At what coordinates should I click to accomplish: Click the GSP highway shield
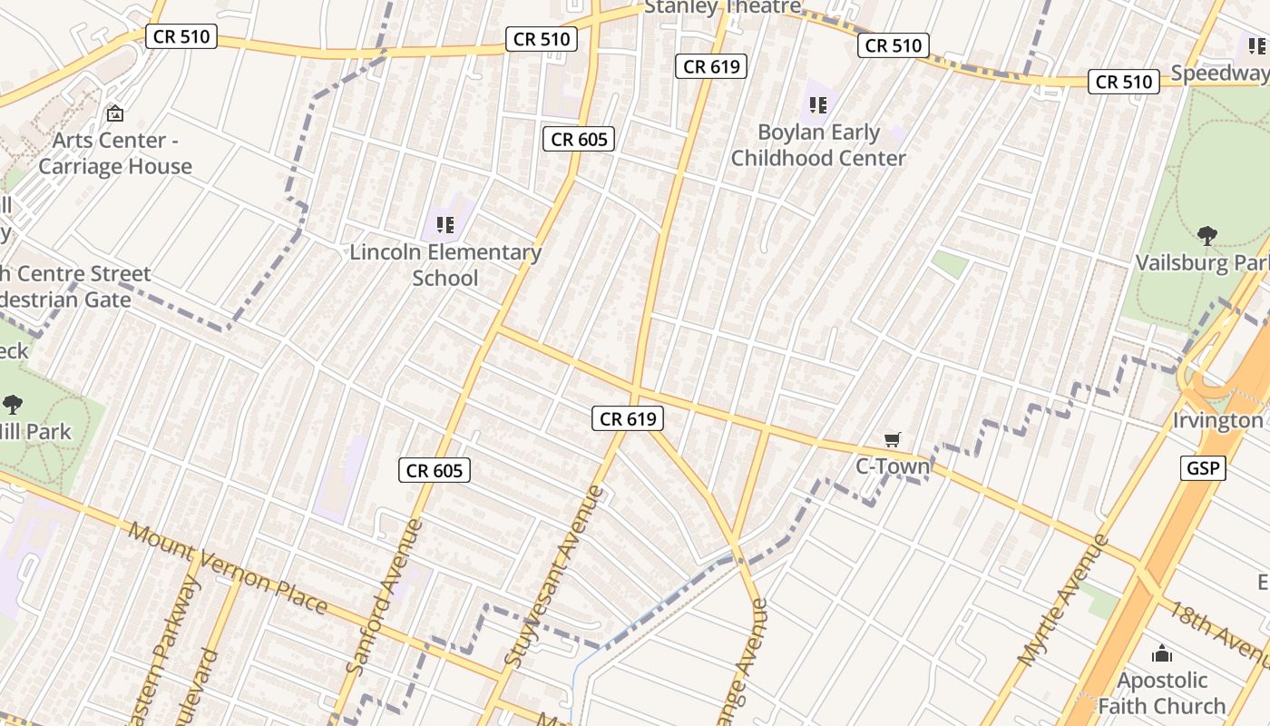[1204, 468]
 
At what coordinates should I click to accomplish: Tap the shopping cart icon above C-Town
[893, 440]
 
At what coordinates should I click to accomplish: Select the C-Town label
[893, 466]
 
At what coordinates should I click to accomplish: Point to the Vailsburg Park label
[1203, 263]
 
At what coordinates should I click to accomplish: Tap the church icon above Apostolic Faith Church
[1162, 653]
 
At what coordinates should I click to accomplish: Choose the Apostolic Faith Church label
[1162, 692]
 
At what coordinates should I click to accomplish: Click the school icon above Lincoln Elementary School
[444, 224]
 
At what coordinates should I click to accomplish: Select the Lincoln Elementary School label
[445, 264]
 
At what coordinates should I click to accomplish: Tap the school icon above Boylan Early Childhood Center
[818, 105]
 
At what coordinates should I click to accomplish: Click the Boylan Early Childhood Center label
[818, 145]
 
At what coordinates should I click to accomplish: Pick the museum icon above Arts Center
[115, 114]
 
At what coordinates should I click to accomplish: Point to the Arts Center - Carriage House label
[115, 153]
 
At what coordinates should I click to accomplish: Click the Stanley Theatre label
[722, 7]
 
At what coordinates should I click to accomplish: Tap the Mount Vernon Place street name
[227, 567]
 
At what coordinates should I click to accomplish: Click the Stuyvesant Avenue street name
[554, 577]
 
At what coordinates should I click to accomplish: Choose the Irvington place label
[1217, 421]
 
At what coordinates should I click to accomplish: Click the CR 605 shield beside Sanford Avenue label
[435, 470]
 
